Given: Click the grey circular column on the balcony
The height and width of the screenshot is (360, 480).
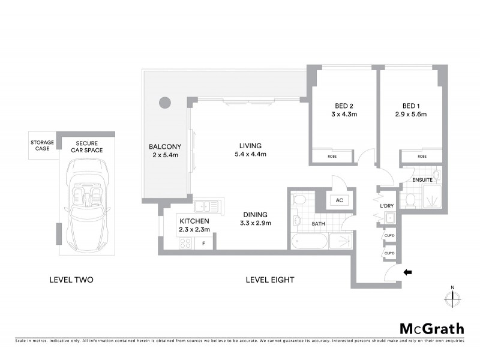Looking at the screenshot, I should click(164, 102).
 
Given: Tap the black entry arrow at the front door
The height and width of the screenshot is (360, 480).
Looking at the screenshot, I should click(408, 272).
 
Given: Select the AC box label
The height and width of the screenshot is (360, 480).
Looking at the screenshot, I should click(339, 200).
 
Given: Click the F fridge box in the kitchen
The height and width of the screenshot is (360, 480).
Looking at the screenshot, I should click(203, 243).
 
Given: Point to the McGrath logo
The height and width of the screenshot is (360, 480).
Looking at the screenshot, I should click(431, 328).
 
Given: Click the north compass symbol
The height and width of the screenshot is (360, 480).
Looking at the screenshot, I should click(453, 298).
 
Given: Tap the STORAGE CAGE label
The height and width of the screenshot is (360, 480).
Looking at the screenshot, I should click(43, 146).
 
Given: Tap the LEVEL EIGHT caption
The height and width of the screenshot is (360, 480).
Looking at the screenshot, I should click(269, 280).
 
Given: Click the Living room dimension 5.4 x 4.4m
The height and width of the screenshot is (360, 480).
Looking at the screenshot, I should click(251, 154).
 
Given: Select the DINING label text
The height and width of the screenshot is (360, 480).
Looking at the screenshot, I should click(255, 214).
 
